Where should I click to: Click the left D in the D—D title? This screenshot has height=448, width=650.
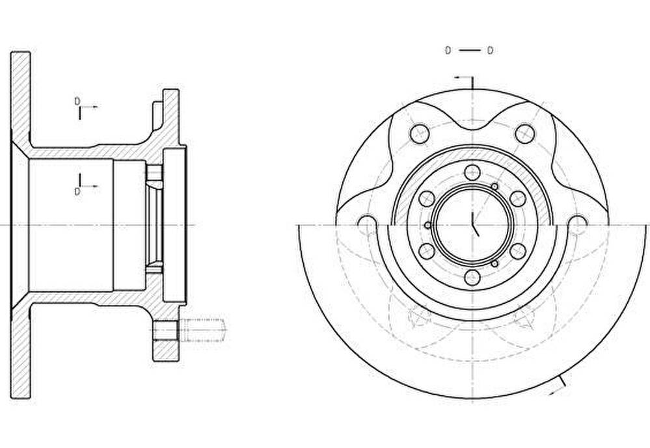click(x=448, y=51)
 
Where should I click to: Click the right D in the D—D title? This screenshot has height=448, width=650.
click(x=490, y=51)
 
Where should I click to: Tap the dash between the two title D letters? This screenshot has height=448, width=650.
click(x=469, y=51)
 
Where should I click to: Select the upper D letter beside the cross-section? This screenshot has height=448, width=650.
click(x=77, y=101)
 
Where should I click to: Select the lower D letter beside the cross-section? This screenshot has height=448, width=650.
click(x=77, y=191)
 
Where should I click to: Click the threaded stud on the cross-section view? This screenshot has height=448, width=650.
click(x=203, y=330)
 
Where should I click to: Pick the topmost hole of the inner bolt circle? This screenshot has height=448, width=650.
click(x=472, y=172)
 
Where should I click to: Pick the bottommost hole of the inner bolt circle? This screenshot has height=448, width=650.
click(x=472, y=277)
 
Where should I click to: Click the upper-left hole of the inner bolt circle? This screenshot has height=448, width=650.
click(x=427, y=198)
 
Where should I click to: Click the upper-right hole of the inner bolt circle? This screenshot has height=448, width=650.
click(x=518, y=198)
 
